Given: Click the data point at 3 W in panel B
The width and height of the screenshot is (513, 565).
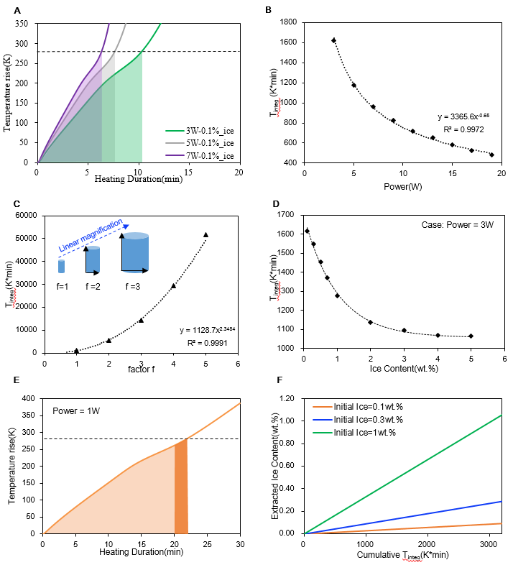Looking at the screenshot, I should tap(334, 40).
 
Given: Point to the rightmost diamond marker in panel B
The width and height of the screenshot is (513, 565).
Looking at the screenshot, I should tap(491, 155).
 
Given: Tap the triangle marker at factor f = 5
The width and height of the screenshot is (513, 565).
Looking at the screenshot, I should tap(205, 234).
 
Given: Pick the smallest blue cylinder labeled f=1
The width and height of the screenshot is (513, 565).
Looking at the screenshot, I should tap(62, 266).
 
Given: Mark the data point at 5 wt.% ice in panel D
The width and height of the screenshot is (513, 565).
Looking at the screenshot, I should tap(471, 336).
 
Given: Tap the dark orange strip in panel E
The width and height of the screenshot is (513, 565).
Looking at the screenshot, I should tap(181, 487).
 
